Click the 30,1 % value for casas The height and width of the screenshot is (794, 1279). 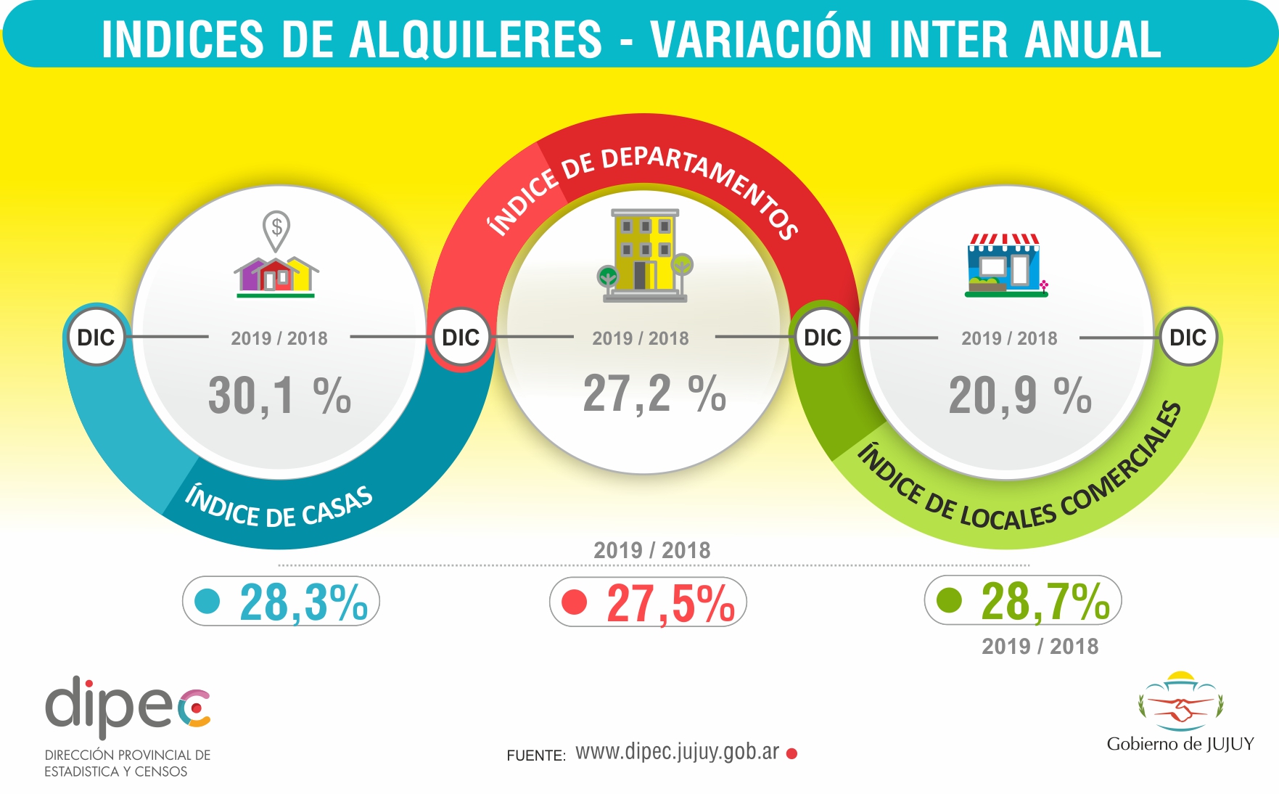[x=279, y=396]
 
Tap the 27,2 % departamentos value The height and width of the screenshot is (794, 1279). [x=654, y=394]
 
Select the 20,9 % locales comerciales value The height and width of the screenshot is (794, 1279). [x=1019, y=396]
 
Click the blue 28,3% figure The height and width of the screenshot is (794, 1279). [x=303, y=602]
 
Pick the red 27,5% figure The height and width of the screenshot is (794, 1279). [x=670, y=604]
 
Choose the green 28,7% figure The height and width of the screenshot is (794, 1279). [x=1045, y=602]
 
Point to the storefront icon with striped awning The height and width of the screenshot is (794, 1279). [x=1005, y=266]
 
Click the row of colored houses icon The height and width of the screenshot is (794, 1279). [x=276, y=277]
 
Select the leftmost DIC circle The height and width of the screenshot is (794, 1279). [x=96, y=337]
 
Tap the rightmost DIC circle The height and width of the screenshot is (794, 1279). [x=1188, y=337]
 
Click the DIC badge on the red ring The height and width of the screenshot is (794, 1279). [x=461, y=337]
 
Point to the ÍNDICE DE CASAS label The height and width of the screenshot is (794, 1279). [x=279, y=507]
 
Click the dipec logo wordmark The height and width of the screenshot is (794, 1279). [x=128, y=705]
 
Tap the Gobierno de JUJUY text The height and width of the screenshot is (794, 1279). [x=1180, y=744]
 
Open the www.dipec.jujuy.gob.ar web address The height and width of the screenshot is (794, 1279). [x=677, y=753]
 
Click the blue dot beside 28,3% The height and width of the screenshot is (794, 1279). [x=207, y=601]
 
